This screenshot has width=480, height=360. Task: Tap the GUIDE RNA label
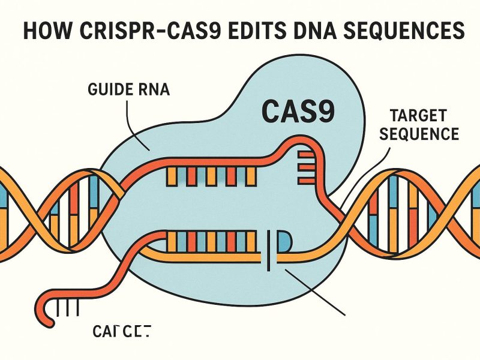[128, 92]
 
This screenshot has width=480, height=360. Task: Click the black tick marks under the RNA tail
[69, 308]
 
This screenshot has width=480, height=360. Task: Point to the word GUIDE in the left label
[111, 92]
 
